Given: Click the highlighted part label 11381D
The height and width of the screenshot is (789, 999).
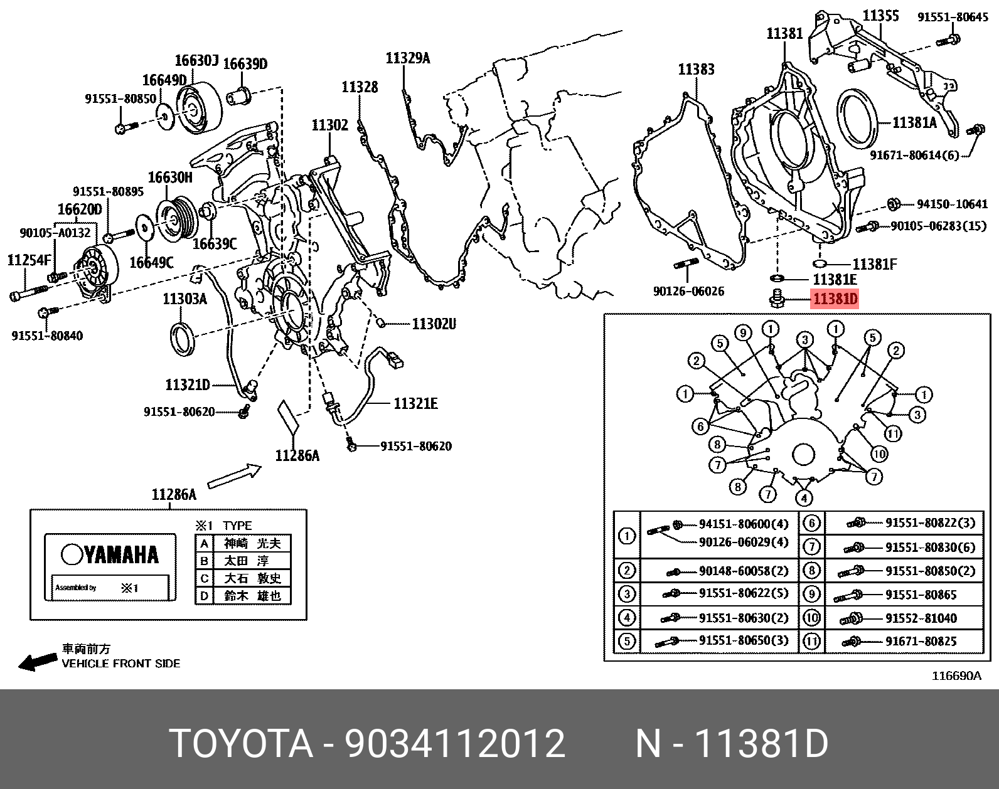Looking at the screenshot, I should (835, 299).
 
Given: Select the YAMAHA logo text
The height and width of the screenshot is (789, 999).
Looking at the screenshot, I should (110, 554).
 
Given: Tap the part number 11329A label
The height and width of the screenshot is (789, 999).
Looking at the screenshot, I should (407, 58).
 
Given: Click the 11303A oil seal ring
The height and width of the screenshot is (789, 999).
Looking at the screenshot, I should (183, 339).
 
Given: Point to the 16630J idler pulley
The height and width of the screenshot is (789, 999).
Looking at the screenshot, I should (198, 108).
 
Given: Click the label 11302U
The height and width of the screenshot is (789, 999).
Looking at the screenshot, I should (434, 324).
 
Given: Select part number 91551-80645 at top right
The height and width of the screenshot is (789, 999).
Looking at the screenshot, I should (952, 17).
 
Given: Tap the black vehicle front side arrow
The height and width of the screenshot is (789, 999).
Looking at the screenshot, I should (36, 662).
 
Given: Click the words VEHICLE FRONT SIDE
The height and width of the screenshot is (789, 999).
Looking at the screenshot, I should (120, 664).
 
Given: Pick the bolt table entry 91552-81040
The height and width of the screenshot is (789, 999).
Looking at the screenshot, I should (921, 618).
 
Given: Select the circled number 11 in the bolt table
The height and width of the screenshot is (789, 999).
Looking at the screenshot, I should (811, 641).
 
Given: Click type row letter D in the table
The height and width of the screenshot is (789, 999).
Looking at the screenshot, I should (204, 596).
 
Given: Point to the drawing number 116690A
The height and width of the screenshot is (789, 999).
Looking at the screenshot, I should (956, 676).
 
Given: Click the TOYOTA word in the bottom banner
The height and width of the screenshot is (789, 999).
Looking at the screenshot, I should (241, 744).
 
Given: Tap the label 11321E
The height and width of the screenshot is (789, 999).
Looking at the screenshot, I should (415, 403).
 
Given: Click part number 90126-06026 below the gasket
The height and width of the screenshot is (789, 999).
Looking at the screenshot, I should (688, 291).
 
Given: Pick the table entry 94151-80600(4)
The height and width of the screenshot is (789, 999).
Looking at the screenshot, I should (743, 524).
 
